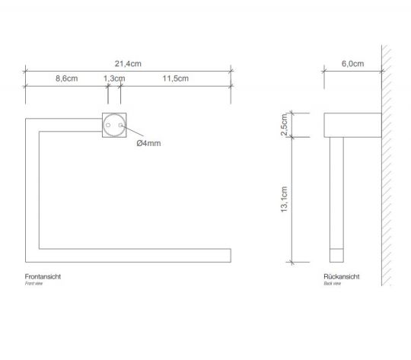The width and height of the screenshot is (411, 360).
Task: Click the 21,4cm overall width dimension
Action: pyautogui.click(x=129, y=65)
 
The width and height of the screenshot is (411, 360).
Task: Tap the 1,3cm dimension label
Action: pyautogui.click(x=114, y=79)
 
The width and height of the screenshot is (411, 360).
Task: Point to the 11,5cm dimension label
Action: pyautogui.click(x=175, y=79)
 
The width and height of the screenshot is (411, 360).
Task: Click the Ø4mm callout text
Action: pyautogui.click(x=148, y=143)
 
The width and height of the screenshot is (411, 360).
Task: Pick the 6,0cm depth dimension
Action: pyautogui.click(x=351, y=64)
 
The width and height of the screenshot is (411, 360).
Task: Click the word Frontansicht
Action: pyautogui.click(x=43, y=276)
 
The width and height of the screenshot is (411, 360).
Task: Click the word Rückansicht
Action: pyautogui.click(x=341, y=276)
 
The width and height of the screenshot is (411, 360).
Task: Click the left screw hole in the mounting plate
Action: pyautogui.click(x=107, y=123)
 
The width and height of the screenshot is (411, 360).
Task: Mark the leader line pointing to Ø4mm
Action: pyautogui.click(x=129, y=134)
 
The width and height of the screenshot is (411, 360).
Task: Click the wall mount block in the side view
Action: pyautogui.click(x=352, y=126)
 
